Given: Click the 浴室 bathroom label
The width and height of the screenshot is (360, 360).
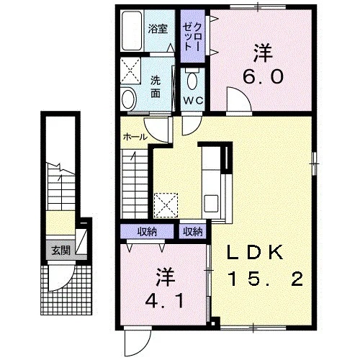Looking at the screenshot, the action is tap(158, 29).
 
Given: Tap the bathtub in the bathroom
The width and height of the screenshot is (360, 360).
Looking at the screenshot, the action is tap(132, 31).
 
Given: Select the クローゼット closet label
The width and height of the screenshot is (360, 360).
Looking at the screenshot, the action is tap(192, 37).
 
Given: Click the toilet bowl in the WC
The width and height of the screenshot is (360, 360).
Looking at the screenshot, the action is tap(192, 80).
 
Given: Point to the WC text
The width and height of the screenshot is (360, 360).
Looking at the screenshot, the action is tap(193, 101).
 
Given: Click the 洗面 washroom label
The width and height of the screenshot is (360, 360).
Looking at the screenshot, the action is tap(156, 86).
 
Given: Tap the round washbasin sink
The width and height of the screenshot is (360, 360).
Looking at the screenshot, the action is tap(129, 99).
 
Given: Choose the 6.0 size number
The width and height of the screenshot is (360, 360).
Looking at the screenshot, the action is tap(263, 77).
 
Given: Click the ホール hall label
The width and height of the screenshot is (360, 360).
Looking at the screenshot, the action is tap(135, 138).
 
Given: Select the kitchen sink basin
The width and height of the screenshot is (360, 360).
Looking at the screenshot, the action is tap(211, 203).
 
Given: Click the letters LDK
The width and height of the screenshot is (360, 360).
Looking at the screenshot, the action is tap(256, 253).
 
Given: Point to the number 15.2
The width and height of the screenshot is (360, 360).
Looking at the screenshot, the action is tap(266, 279).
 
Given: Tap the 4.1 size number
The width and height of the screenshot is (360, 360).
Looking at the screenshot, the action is tap(165, 301).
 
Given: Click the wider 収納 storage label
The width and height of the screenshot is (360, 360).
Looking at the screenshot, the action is tap(147, 232).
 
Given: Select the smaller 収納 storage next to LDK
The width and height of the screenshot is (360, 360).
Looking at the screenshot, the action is tap(192, 232).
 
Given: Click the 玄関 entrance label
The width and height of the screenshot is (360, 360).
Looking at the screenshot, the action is tap(60, 251).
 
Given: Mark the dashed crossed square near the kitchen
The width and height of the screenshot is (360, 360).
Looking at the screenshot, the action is tap(166, 206).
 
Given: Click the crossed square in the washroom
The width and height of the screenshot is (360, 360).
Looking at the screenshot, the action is tap(130, 71).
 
